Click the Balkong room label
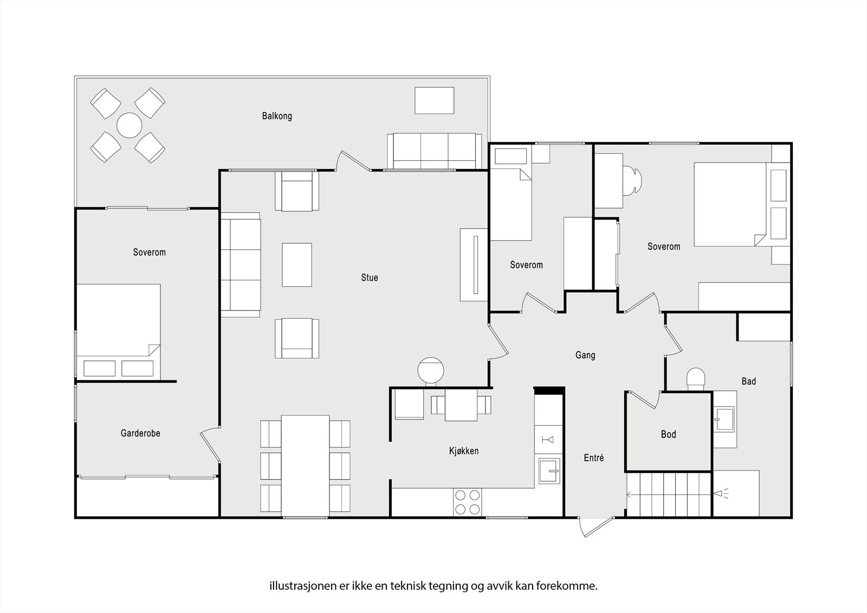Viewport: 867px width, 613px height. coord(277,116)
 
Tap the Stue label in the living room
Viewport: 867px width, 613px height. coord(369,278)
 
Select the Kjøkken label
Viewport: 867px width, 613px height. coord(464,451)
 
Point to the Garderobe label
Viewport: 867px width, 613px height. coord(140,433)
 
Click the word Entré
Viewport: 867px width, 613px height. coord(594,457)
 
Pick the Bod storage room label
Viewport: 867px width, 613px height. coord(669,434)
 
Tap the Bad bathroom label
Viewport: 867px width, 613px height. coord(748,381)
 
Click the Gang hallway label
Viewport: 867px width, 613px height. coord(585,355)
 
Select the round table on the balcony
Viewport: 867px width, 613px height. coord(130,125)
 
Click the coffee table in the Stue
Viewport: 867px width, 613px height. coord(297,265)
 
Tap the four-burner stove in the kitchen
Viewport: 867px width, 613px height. coord(468,502)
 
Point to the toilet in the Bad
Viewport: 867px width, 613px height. coord(696,379)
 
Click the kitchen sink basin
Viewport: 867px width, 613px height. coord(549,470)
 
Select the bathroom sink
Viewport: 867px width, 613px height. coord(724,419)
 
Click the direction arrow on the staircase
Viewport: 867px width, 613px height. coord(669,494)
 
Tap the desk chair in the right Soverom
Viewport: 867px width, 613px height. coord(632,179)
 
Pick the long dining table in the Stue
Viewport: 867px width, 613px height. coord(306,466)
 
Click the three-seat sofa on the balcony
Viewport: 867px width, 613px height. coord(434,151)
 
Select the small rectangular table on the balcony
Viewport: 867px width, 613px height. coord(434,100)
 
